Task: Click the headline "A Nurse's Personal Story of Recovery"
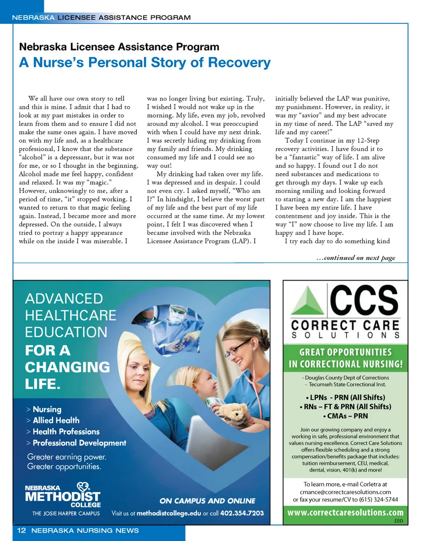145,62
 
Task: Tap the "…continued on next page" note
356,258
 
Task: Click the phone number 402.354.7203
242,513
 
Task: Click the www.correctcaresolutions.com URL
345,513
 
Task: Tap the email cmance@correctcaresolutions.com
346,492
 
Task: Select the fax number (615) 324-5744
378,500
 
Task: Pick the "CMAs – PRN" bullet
345,415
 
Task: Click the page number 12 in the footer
22,530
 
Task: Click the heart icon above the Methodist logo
83,487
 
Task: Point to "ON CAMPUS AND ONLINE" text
207,501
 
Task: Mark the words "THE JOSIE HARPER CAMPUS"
66,513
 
